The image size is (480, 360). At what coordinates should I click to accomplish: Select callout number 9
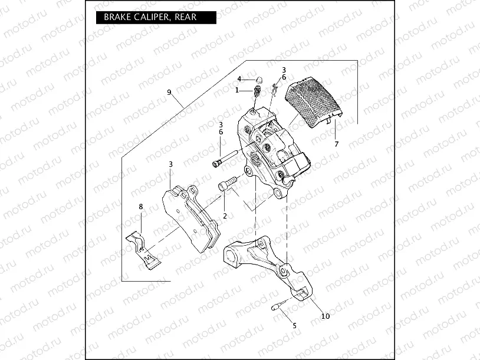[x=169, y=93]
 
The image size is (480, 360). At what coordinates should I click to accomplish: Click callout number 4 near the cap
[x=239, y=79]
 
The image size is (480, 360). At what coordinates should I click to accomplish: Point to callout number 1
[x=237, y=90]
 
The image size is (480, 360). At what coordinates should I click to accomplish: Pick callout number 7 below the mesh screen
[x=336, y=144]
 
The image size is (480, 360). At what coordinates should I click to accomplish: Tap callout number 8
[x=140, y=206]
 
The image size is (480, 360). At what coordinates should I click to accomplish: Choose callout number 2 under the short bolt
[x=225, y=216]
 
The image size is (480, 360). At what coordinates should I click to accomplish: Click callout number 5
[x=294, y=325]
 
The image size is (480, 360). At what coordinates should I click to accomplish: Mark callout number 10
[x=325, y=316]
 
